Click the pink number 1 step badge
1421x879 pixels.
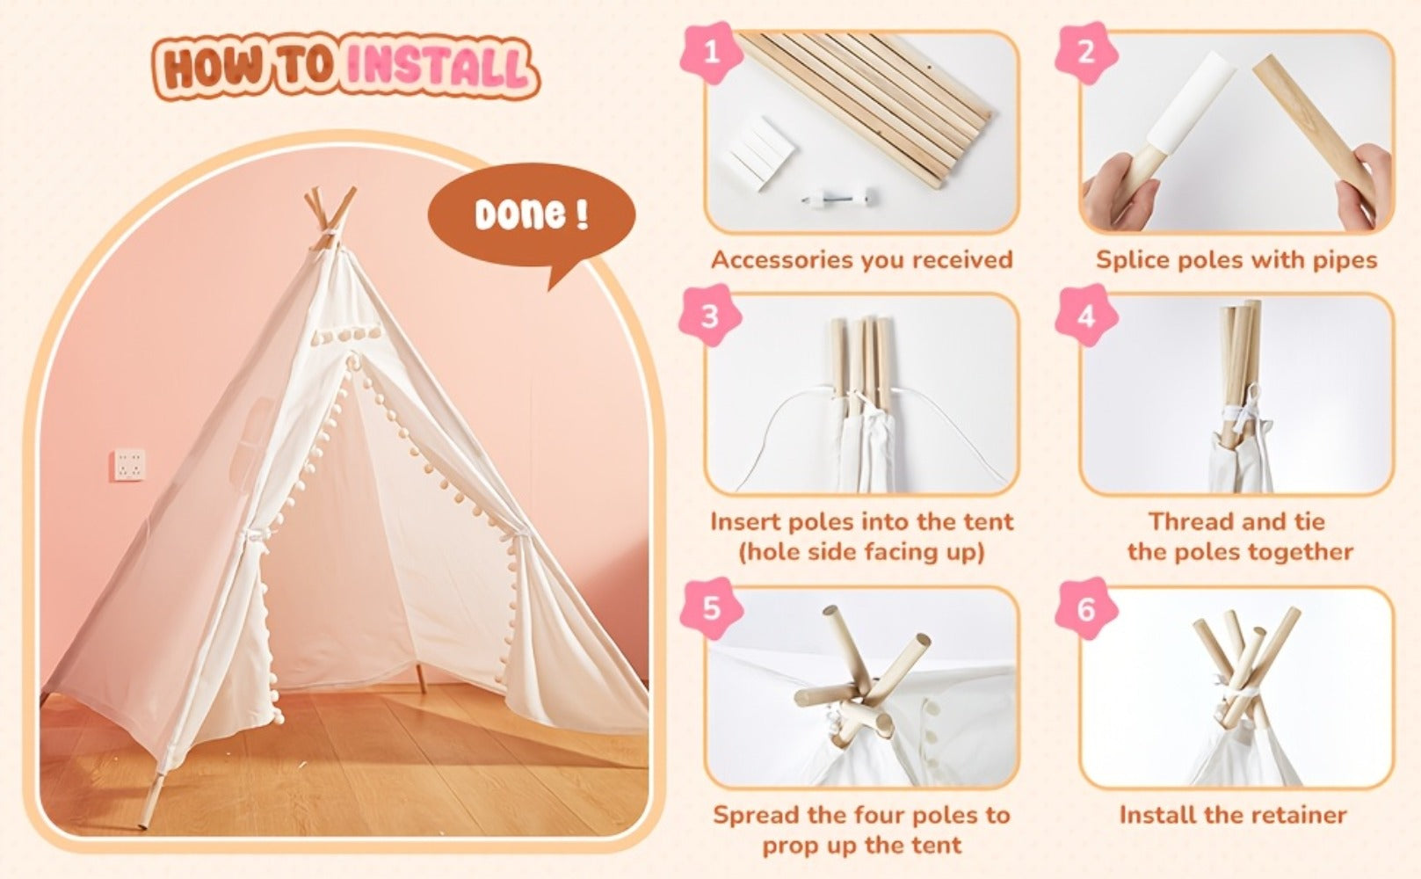[x=711, y=54]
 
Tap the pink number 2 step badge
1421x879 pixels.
[x=1086, y=54]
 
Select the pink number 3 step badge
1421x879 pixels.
[x=711, y=316]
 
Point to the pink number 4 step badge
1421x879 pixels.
[x=1086, y=316]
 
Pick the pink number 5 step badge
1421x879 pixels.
[x=711, y=608]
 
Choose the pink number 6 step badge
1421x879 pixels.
[x=1086, y=608]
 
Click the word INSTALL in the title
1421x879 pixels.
[x=438, y=68]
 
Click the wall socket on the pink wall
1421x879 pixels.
[x=129, y=465]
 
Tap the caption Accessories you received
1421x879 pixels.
[x=861, y=260]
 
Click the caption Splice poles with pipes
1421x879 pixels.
[x=1236, y=260]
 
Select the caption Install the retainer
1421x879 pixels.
[x=1233, y=815]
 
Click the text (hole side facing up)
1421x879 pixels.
[x=861, y=552]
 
